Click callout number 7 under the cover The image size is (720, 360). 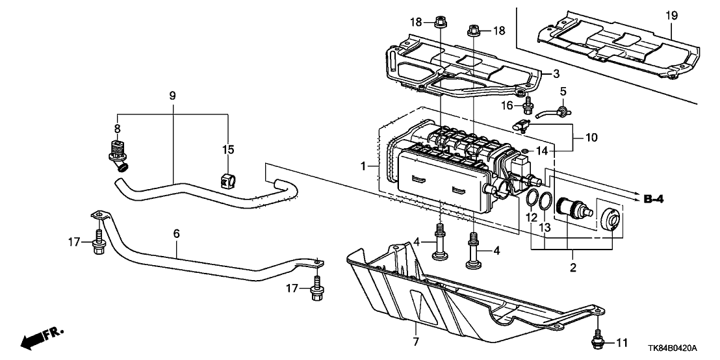coord(415,341)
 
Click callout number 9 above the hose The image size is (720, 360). coord(172,96)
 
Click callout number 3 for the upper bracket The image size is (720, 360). coord(556,73)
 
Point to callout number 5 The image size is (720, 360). coord(563,91)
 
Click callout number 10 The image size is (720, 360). coord(591,138)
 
